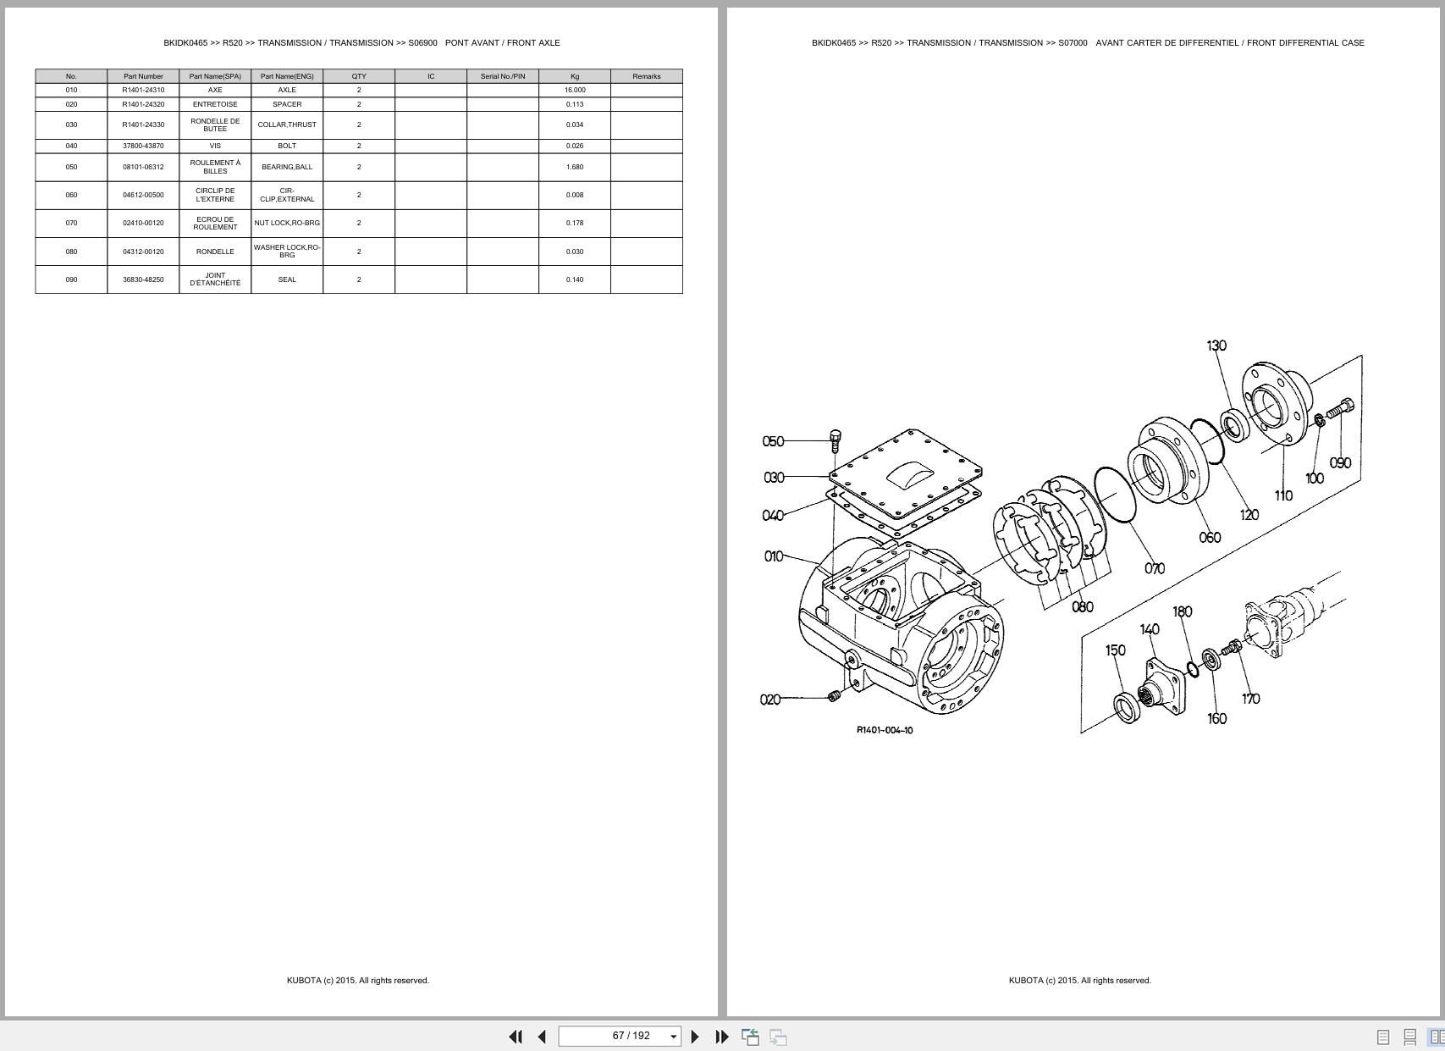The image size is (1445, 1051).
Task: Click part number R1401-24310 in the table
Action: [x=143, y=90]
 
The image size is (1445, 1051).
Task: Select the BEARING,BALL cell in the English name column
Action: [x=287, y=167]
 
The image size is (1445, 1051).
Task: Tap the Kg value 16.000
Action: [x=575, y=90]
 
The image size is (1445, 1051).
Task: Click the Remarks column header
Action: [x=646, y=76]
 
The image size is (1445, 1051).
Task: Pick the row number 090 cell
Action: [x=71, y=279]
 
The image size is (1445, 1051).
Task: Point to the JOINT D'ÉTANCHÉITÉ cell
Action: [x=215, y=279]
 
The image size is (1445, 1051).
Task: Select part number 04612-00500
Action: [x=143, y=195]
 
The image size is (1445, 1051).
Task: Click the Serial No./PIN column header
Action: [x=502, y=76]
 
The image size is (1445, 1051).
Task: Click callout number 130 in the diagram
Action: [x=1216, y=346]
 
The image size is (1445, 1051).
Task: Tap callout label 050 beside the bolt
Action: [x=773, y=441]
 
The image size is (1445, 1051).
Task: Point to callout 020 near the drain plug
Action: [x=769, y=700]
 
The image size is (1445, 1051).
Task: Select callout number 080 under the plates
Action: [x=1082, y=607]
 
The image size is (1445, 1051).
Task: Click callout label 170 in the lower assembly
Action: [x=1250, y=699]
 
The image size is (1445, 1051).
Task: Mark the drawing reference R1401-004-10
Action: [x=885, y=730]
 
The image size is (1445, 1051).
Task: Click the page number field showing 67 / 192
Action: [x=620, y=1036]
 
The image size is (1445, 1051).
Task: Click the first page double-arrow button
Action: [x=515, y=1036]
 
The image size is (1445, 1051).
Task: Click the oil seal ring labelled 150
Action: [x=1128, y=707]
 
